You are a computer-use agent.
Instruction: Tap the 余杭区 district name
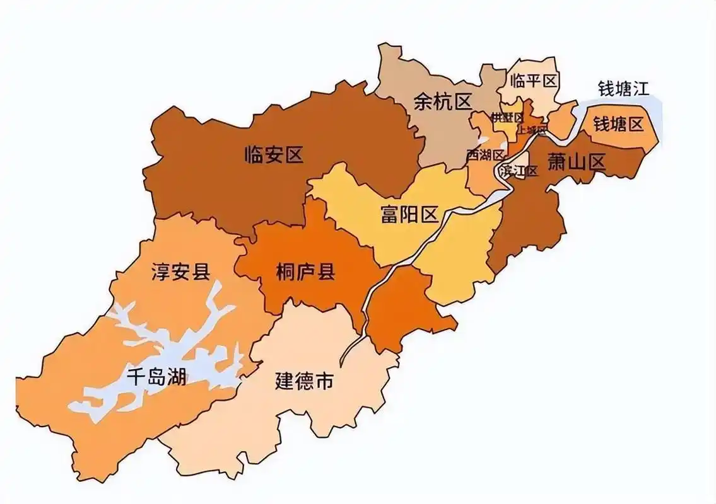click(x=443, y=101)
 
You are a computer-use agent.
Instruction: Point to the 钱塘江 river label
click(x=623, y=88)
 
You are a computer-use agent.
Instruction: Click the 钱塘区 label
click(x=618, y=124)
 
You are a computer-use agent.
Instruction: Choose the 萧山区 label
click(x=576, y=163)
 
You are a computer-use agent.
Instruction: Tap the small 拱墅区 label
click(x=507, y=118)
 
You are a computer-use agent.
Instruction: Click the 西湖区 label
click(x=486, y=155)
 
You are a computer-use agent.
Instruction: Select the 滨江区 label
click(x=519, y=171)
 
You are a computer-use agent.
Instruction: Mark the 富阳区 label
click(x=409, y=215)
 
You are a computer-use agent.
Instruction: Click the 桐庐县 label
click(x=305, y=272)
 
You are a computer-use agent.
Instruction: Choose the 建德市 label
click(x=304, y=382)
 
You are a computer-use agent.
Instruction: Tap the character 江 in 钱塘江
click(x=640, y=88)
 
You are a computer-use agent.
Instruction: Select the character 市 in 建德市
click(x=324, y=382)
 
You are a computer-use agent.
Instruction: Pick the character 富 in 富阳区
click(x=390, y=215)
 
